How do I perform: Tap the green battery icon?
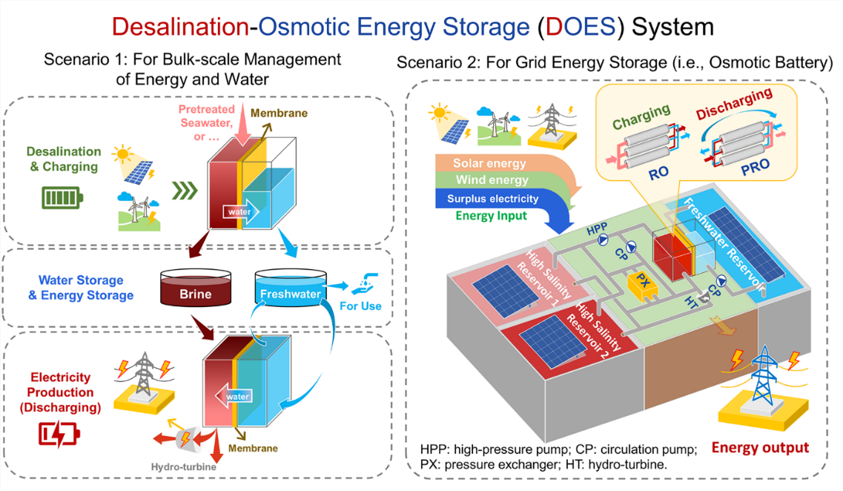pos(62,199)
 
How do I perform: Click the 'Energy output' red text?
pos(760,447)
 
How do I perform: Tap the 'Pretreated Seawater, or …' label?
pos(205,119)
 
